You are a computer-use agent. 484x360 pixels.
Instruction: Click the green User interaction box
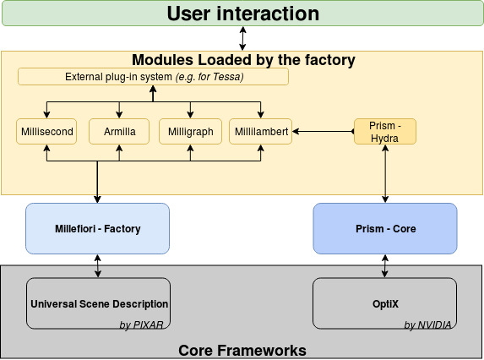click(242, 13)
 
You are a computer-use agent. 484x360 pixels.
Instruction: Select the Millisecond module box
click(46, 131)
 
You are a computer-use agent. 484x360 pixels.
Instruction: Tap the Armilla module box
click(119, 131)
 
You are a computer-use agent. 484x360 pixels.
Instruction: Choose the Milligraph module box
click(190, 131)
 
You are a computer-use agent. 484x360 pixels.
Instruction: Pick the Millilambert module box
click(260, 131)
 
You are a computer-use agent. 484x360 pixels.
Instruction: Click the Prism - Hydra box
click(385, 131)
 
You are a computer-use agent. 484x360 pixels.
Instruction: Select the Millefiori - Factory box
click(97, 228)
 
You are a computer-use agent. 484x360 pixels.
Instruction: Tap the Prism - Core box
click(385, 228)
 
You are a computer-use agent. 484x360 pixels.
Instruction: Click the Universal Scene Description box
click(98, 303)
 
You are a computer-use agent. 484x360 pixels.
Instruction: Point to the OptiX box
click(384, 303)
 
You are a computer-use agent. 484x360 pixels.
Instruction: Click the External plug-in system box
click(153, 77)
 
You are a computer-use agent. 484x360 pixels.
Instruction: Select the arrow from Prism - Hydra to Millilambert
click(324, 132)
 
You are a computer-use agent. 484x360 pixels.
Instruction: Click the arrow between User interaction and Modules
click(242, 38)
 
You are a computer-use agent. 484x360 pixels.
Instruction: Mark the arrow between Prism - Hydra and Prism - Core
click(385, 173)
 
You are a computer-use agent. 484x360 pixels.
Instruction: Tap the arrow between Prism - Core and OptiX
click(385, 266)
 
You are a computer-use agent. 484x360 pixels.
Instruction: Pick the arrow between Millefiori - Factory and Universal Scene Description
click(98, 266)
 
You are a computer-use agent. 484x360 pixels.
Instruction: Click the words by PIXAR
click(141, 325)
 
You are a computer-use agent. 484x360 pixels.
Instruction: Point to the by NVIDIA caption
click(427, 325)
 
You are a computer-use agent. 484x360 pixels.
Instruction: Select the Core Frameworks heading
click(242, 351)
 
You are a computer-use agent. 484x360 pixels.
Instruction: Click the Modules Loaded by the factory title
click(243, 60)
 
